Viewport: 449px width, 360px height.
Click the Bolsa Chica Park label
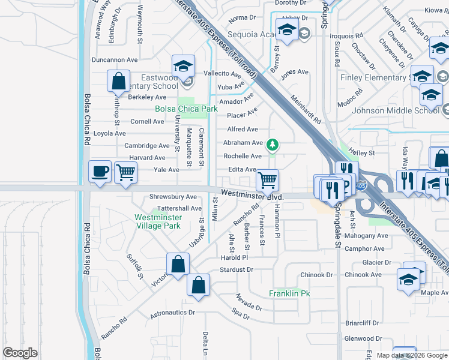click(x=186, y=109)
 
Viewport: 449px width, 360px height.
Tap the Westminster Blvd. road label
click(x=251, y=194)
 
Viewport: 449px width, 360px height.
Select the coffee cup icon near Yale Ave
click(x=99, y=171)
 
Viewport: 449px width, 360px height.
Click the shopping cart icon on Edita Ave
click(x=267, y=179)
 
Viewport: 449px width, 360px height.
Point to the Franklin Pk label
click(x=289, y=294)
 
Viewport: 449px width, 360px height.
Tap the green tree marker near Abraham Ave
click(x=273, y=145)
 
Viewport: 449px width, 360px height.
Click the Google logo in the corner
click(x=20, y=353)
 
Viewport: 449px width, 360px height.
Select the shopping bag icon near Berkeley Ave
click(x=118, y=81)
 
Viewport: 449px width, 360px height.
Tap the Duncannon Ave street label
click(x=115, y=60)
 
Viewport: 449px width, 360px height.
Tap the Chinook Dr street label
click(x=316, y=275)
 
